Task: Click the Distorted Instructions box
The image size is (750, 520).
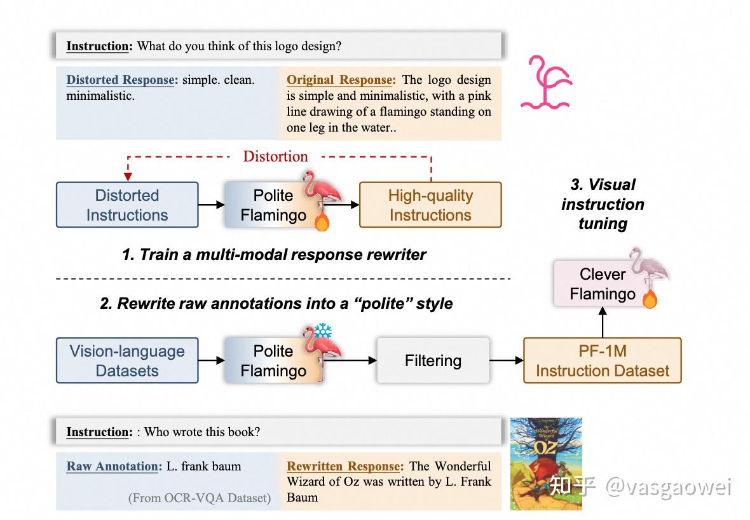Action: click(x=127, y=205)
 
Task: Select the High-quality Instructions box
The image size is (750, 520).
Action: click(x=430, y=205)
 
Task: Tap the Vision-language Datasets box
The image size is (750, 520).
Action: click(x=127, y=360)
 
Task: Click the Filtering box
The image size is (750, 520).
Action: click(x=433, y=360)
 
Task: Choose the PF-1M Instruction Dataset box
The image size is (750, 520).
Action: click(x=602, y=360)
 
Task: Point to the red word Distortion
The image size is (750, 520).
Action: click(x=275, y=156)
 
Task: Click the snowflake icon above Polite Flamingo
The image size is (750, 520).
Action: click(x=324, y=331)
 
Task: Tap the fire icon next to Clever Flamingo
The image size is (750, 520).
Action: click(x=649, y=299)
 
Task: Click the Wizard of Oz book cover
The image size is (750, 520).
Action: click(x=546, y=463)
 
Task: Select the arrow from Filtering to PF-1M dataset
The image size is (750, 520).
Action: click(x=507, y=360)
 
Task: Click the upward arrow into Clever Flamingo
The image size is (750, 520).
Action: click(x=602, y=324)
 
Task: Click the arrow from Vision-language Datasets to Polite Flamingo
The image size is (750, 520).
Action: click(x=211, y=360)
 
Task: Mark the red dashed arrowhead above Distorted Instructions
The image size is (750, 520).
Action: click(x=128, y=175)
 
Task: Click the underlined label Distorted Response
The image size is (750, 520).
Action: click(x=120, y=80)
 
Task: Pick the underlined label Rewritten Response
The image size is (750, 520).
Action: click(x=343, y=466)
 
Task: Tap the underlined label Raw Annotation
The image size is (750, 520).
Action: click(x=112, y=466)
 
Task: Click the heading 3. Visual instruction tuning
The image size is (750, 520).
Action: click(x=603, y=204)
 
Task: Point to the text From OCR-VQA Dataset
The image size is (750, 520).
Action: click(x=199, y=498)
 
